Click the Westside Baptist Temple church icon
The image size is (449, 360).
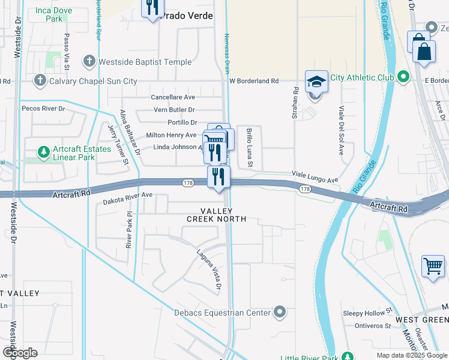click(x=89, y=62)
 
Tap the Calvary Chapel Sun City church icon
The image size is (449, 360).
click(x=40, y=80)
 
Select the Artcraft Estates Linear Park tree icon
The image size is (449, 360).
click(x=43, y=152)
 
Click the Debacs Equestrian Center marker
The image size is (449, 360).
click(x=279, y=312)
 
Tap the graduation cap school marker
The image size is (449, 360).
click(x=316, y=81)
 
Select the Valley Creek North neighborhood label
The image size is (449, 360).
click(x=216, y=215)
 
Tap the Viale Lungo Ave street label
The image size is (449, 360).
click(x=315, y=177)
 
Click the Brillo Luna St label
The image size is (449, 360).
click(x=250, y=148)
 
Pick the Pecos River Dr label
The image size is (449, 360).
click(x=43, y=109)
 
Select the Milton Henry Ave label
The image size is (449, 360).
click(x=171, y=135)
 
